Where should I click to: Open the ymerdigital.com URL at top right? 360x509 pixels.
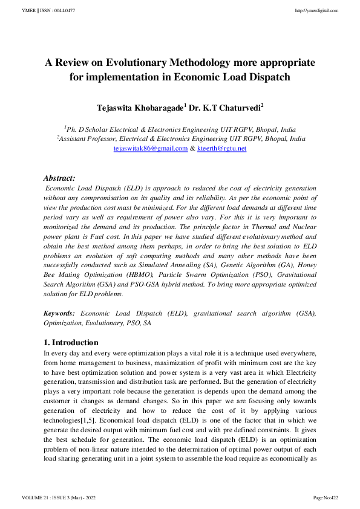316,11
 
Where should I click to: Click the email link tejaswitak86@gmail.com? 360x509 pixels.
151,148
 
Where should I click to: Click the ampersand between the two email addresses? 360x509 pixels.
192,148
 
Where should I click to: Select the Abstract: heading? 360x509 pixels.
59,178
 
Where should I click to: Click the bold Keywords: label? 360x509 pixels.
59,313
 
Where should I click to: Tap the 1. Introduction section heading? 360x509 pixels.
71,342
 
